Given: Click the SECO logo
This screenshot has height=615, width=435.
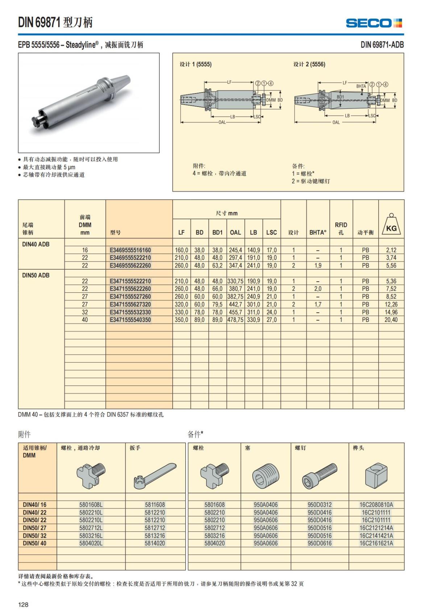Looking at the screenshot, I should (374, 23).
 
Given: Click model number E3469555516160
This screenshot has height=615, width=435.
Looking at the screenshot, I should (130, 250).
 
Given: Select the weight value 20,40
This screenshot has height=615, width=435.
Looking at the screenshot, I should (391, 320).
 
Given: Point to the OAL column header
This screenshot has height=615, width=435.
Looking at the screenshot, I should (235, 233).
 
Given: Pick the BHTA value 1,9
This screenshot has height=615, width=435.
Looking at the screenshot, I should (318, 266).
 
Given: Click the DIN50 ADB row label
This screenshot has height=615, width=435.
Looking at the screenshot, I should (36, 275).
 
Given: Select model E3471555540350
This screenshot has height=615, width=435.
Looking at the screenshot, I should (130, 320).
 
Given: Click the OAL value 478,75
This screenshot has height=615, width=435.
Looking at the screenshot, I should (235, 320).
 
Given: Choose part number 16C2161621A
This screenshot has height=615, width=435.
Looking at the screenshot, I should (376, 543).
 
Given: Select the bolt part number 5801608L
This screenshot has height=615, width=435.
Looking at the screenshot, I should (91, 505).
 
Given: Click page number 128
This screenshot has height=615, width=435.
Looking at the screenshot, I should (23, 604).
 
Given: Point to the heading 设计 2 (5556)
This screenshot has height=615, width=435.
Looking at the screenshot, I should (309, 65).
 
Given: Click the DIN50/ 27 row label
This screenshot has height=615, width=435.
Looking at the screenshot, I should (34, 528).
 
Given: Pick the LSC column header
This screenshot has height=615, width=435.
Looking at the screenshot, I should (271, 233).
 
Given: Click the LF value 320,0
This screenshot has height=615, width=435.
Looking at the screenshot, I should (181, 304).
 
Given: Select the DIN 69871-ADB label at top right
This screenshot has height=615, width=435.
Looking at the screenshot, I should (382, 45).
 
